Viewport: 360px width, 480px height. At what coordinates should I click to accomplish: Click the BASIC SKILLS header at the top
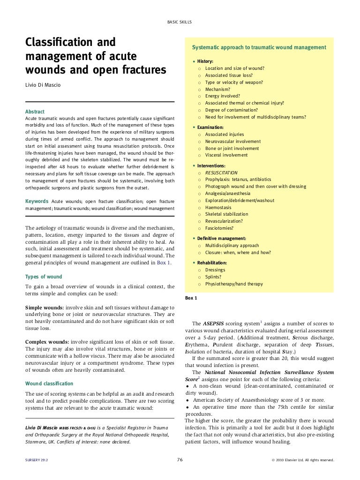[180, 22]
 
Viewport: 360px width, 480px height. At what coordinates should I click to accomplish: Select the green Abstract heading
[35, 112]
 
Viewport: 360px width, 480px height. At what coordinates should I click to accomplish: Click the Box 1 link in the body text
[164, 263]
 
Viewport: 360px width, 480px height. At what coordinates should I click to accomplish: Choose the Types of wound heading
[43, 277]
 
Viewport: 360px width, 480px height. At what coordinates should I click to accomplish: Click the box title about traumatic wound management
[259, 48]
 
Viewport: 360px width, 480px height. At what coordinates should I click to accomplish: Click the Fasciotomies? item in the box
[219, 228]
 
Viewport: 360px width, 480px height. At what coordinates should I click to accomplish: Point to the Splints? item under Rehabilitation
[213, 277]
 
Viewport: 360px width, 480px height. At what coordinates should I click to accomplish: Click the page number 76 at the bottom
[180, 460]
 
